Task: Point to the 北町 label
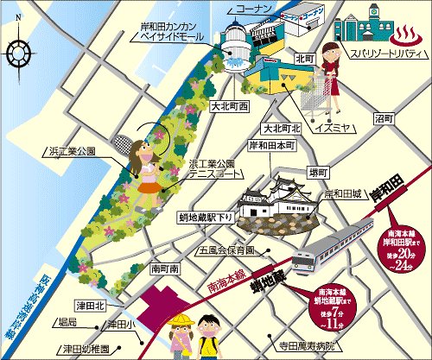(304, 59)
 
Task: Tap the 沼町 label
(384, 117)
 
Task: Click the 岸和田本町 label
(271, 145)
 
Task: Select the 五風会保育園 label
(226, 250)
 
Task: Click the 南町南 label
(163, 268)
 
